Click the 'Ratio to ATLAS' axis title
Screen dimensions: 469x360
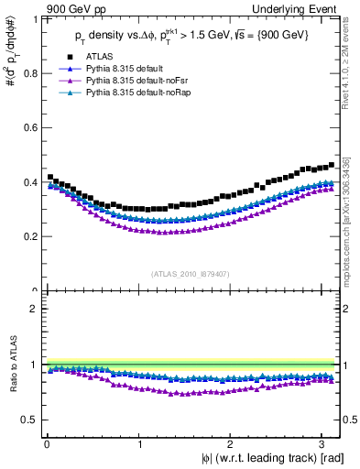coord(12,365)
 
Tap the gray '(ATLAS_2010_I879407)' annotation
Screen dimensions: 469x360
coord(191,273)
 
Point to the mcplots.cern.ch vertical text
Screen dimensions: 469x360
coord(349,220)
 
